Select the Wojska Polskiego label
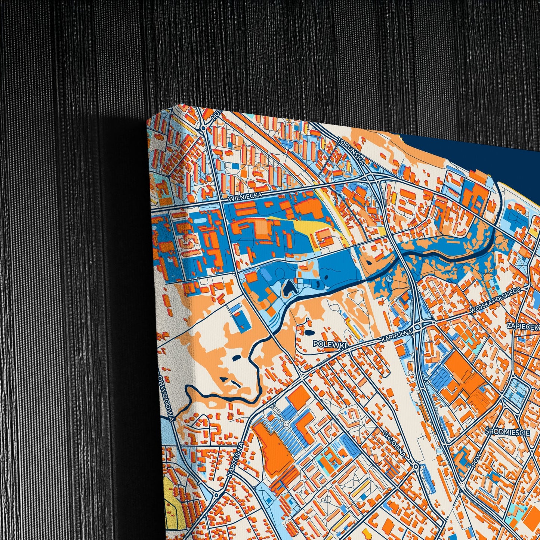click(x=495, y=301)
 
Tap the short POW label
click(x=476, y=462)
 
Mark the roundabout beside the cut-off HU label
click(x=203, y=128)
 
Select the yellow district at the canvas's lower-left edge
click(x=173, y=501)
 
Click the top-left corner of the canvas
click(x=148, y=120)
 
